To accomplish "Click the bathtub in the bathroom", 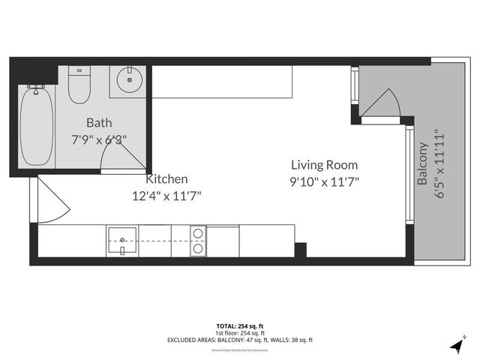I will [x=36, y=127].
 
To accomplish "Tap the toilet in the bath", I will [x=79, y=85].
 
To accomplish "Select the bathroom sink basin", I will [x=130, y=79].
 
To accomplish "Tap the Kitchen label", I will [x=166, y=180].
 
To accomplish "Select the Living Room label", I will [x=324, y=165].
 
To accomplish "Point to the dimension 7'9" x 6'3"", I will [x=98, y=139].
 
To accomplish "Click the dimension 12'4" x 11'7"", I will [x=166, y=196].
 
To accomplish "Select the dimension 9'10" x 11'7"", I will [x=324, y=181].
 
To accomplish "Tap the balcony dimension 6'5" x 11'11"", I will [x=440, y=163].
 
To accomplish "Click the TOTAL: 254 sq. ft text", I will [x=239, y=326].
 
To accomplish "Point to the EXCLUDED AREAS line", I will [x=239, y=340].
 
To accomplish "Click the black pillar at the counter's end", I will [x=300, y=250].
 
